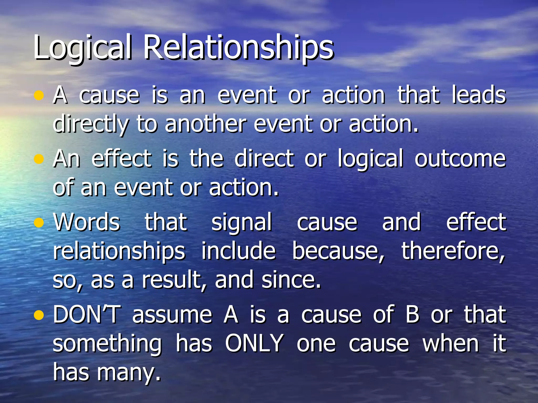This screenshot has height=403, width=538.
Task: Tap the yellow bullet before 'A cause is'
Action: (x=39, y=96)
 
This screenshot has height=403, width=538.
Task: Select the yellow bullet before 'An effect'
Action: (x=39, y=159)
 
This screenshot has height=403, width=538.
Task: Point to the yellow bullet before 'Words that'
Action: (x=39, y=223)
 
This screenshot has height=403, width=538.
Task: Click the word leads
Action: (x=479, y=95)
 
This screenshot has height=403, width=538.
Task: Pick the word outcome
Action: (x=460, y=159)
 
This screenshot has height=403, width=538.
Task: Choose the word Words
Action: (x=87, y=222)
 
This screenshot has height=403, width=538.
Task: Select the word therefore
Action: (x=453, y=251)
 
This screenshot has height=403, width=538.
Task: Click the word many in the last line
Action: (x=128, y=373)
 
